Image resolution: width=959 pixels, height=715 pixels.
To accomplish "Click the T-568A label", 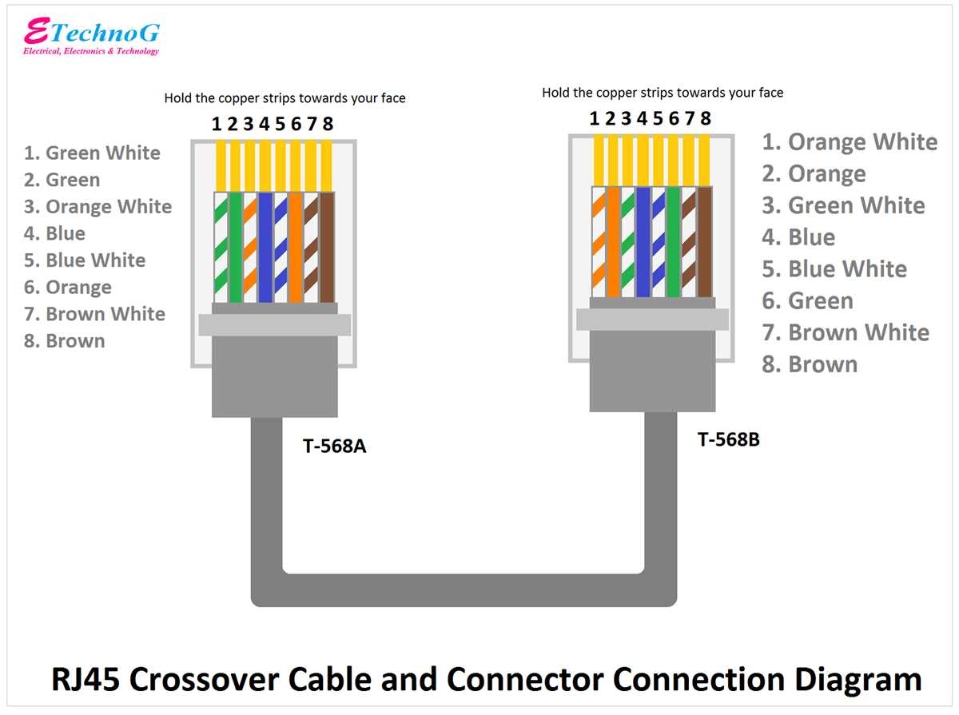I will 334,446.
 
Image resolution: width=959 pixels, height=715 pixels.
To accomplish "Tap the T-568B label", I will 728,439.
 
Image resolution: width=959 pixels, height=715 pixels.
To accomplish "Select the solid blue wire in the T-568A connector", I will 265,247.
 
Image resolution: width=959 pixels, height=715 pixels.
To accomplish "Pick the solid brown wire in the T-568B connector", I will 704,241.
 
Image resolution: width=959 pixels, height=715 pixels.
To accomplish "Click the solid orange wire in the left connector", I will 296,247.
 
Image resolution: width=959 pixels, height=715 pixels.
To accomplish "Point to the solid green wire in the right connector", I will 674,241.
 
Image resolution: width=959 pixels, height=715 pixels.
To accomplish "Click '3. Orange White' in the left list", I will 97,207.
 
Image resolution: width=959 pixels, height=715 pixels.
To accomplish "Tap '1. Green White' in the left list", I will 92,153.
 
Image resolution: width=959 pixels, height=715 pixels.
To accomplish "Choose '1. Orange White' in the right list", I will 849,142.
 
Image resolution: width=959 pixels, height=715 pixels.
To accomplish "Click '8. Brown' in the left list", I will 65,341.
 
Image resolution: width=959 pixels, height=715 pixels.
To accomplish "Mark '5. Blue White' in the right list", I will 834,269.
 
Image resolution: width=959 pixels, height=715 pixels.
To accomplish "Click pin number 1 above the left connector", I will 216,124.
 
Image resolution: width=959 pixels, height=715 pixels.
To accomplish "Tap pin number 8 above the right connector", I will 705,119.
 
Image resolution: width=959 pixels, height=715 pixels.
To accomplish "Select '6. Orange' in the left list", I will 68,288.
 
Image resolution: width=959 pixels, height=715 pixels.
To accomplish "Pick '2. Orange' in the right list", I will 814,174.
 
